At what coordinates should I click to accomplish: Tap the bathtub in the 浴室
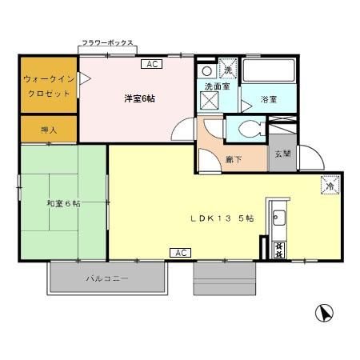[x=270, y=71]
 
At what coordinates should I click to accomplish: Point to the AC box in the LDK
[x=180, y=253]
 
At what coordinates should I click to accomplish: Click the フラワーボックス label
[x=106, y=42]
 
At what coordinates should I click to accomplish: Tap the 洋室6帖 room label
[x=139, y=98]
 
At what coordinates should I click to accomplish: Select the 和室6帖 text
[x=63, y=203]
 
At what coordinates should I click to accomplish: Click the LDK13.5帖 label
[x=222, y=218]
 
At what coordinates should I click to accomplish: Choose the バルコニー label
[x=108, y=279]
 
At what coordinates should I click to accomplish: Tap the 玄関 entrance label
[x=282, y=154]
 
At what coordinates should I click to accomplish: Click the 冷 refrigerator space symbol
[x=330, y=185]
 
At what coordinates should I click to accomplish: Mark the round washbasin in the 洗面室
[x=206, y=70]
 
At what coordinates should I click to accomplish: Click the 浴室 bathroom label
[x=270, y=101]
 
